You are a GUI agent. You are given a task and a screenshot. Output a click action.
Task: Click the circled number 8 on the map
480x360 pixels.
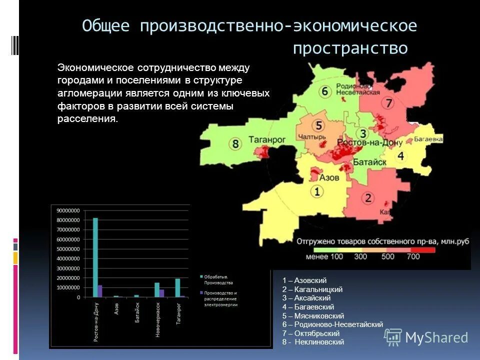click(235, 144)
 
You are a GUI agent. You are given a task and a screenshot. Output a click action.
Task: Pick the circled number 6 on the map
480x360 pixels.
click(325, 91)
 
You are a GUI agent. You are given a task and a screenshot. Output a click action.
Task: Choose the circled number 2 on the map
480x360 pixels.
click(368, 198)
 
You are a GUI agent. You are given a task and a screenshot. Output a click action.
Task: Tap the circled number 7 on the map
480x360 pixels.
click(388, 104)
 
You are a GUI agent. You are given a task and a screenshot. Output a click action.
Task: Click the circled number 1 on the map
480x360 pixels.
click(316, 191)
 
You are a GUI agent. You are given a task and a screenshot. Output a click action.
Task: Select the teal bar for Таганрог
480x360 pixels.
click(177, 288)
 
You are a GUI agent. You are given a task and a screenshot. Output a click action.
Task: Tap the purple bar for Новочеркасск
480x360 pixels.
click(162, 293)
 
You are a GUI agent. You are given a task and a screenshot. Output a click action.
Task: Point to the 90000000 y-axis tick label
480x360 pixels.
click(67, 211)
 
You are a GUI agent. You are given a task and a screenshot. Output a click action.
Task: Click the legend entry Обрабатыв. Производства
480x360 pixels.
click(219, 279)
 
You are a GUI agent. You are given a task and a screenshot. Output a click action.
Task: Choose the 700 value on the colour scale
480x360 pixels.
click(413, 256)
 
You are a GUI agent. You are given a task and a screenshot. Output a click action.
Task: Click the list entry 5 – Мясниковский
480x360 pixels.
click(313, 316)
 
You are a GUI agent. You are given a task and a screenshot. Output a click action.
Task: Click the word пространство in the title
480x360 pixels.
click(350, 48)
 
